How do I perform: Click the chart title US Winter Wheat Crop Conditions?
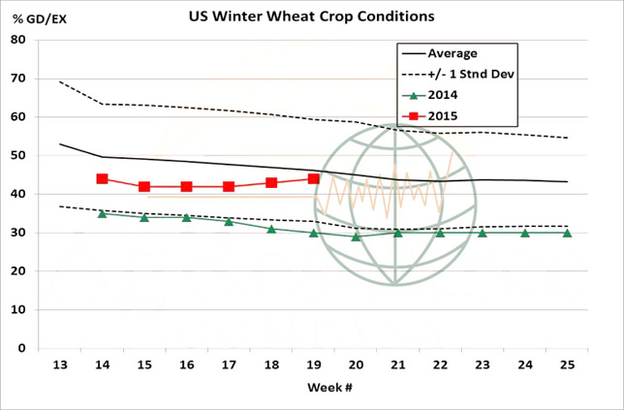pos(311,16)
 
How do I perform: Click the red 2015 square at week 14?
pos(102,179)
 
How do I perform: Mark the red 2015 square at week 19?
pos(313,179)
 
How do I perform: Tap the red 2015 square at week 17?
pos(229,186)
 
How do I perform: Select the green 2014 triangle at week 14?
pos(102,213)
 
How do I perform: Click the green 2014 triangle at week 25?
pos(567,233)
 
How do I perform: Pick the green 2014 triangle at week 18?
pos(271,229)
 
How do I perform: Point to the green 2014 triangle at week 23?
pos(483,233)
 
